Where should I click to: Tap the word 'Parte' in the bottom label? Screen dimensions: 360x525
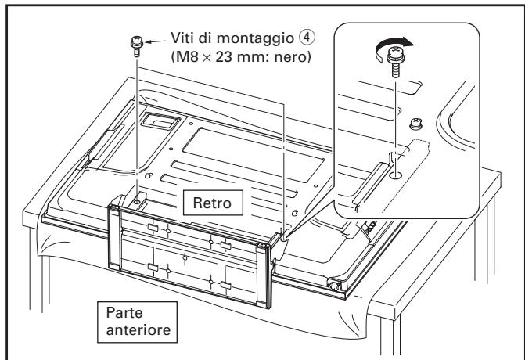pos(120,311)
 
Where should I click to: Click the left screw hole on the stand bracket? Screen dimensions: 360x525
pos(137,201)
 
